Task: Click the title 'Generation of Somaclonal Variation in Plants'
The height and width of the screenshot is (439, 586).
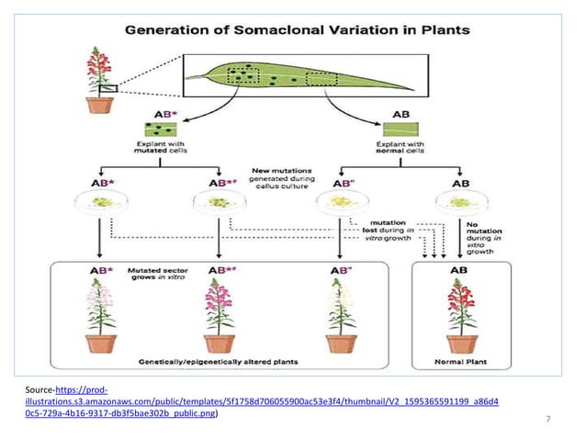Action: coord(298,29)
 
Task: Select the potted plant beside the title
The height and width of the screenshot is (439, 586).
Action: coord(99,82)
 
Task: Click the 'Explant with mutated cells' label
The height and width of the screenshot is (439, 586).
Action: coord(161,149)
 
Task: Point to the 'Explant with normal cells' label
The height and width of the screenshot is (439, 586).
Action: coord(400,149)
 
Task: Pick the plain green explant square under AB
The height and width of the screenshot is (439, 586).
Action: coord(400,129)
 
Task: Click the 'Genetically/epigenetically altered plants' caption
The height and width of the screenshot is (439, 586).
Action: coord(221,362)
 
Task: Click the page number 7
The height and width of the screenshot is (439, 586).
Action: coord(547,421)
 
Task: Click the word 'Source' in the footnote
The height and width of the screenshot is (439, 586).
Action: coord(39,390)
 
